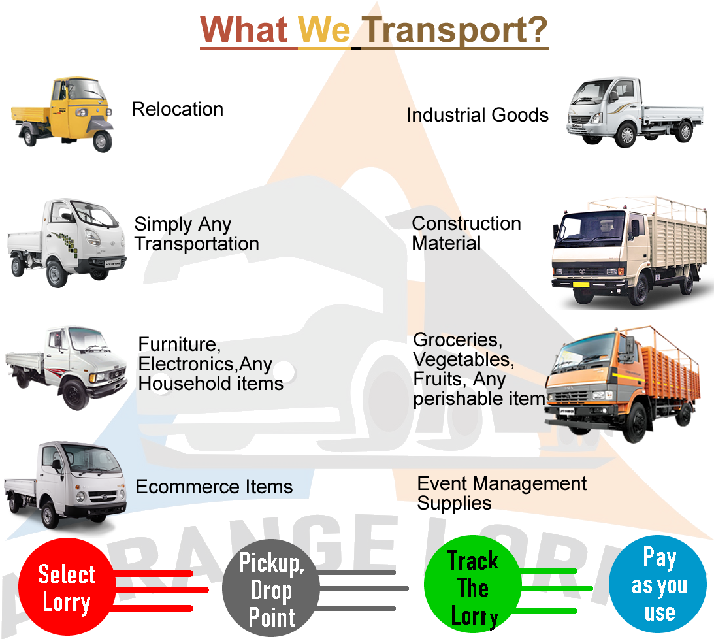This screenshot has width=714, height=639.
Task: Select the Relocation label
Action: (178, 109)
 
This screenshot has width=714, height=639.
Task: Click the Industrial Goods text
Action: (477, 116)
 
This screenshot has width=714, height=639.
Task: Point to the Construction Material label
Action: (465, 233)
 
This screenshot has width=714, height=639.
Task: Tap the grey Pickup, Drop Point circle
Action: (271, 590)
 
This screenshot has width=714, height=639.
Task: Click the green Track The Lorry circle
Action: (473, 589)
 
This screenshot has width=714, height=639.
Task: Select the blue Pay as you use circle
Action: (658, 585)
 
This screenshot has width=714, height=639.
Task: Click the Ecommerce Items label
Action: (214, 487)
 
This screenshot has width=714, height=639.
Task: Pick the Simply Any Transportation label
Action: (196, 235)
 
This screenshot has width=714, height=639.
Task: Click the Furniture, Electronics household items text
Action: (210, 363)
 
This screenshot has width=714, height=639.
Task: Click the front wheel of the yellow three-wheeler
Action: (101, 140)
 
